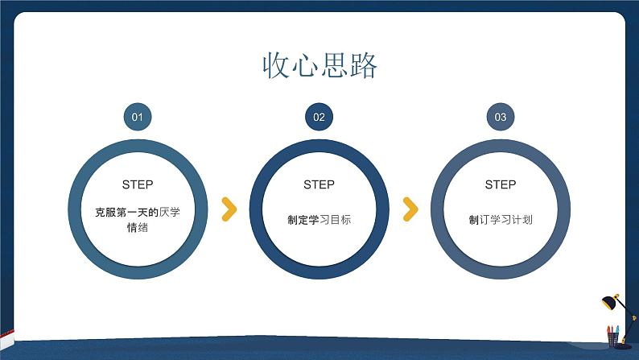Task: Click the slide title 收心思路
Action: point(319,65)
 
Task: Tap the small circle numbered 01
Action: point(137,117)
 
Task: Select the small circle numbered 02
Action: point(319,117)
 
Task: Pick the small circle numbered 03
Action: point(501,117)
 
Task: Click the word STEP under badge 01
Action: point(137,184)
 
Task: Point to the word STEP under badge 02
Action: point(319,184)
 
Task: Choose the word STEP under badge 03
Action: point(501,184)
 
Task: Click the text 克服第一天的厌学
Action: point(137,212)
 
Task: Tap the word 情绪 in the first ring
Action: point(137,228)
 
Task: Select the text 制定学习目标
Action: point(319,219)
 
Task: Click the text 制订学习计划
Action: point(501,219)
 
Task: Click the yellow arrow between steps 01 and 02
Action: point(229,209)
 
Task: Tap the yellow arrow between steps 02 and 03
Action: point(410,209)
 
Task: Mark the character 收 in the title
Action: point(275,65)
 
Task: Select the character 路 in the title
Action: point(365,65)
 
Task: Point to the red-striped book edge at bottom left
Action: point(6,333)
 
